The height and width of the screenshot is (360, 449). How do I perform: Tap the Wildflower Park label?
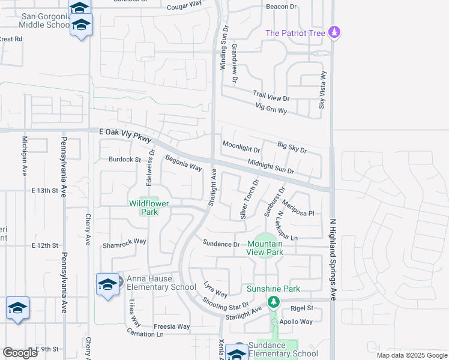coord(149,207)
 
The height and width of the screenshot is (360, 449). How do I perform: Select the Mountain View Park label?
coord(265,248)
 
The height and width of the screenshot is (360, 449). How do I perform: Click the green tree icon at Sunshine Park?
coord(274,301)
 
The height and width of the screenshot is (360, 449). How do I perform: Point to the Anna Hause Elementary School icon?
coord(107,284)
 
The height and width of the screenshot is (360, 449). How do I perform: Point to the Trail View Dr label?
coord(271,97)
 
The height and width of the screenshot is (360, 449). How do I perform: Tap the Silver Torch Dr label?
coord(249,199)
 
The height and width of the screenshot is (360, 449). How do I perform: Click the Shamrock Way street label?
coord(124,241)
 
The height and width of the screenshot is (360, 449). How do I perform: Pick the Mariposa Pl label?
coord(298,208)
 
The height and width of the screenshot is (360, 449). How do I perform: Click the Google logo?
coord(20,352)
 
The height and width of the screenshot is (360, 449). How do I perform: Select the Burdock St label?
coord(124,160)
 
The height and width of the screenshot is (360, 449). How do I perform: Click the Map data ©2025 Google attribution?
coord(411,355)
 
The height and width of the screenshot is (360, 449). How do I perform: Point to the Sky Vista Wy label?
coord(323,91)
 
